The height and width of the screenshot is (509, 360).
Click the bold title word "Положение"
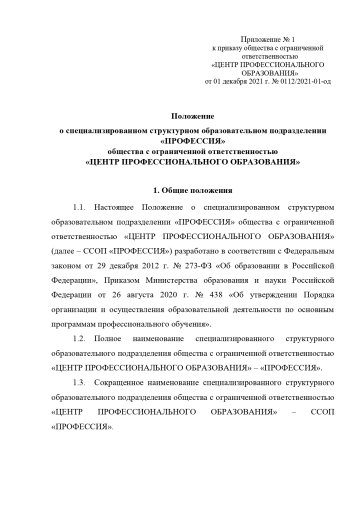tap(179, 117)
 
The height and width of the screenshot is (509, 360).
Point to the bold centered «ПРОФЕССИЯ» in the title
tap(179, 141)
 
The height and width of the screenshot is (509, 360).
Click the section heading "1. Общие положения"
tap(179, 189)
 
